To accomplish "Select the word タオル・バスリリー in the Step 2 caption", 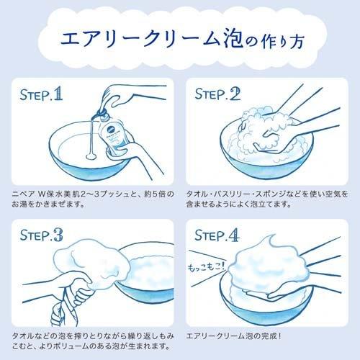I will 224,195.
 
